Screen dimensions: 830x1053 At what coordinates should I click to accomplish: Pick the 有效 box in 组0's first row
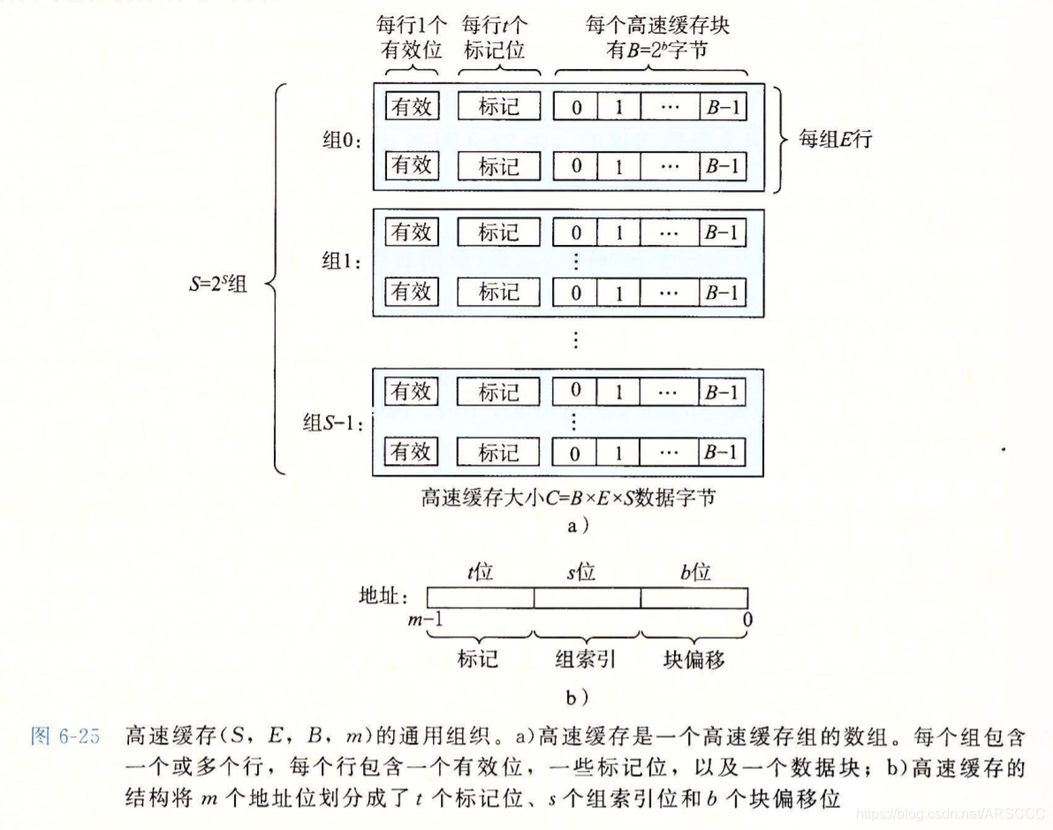click(413, 107)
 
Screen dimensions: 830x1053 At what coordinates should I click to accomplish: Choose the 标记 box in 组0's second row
click(498, 165)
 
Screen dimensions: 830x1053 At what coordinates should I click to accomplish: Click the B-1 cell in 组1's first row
click(721, 232)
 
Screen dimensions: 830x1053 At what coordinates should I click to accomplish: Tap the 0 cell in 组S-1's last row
click(576, 453)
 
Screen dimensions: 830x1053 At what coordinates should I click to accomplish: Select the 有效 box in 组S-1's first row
click(413, 391)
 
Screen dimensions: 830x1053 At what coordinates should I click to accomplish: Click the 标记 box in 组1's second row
click(498, 292)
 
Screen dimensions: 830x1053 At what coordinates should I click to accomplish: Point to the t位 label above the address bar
click(480, 573)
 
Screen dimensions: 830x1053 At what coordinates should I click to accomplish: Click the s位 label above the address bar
click(582, 573)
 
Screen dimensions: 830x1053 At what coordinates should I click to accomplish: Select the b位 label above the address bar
click(695, 573)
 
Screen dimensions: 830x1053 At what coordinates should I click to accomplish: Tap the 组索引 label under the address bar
click(584, 659)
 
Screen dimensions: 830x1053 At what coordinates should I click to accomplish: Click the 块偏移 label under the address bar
click(694, 659)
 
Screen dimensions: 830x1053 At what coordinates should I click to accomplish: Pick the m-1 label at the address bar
click(425, 621)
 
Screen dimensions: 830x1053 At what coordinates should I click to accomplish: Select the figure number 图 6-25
click(64, 737)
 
